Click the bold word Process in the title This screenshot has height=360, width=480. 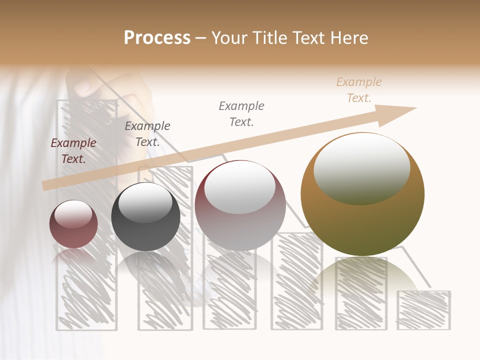157,38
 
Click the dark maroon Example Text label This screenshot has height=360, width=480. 73,151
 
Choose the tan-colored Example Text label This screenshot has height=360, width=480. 359,90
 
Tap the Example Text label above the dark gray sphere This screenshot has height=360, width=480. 147,134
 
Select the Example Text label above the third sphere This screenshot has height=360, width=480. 241,113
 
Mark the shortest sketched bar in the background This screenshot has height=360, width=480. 423,310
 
